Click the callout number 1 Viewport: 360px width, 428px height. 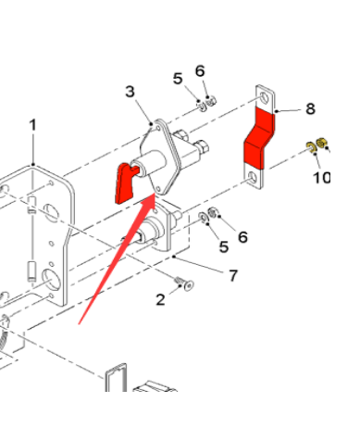pyautogui.click(x=32, y=125)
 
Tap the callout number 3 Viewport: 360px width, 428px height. pyautogui.click(x=130, y=92)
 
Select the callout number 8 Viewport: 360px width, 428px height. pyautogui.click(x=310, y=108)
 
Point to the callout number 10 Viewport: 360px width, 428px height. pyautogui.click(x=321, y=178)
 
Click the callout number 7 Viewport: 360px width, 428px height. pyautogui.click(x=233, y=275)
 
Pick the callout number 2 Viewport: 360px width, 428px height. pyautogui.click(x=160, y=299)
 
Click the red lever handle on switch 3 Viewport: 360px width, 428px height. pyautogui.click(x=126, y=183)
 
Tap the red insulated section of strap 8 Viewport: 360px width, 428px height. pyautogui.click(x=258, y=138)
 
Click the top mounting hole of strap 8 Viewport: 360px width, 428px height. pyautogui.click(x=264, y=97)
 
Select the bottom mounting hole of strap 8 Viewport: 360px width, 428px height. pyautogui.click(x=253, y=178)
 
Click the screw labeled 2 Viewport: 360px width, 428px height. pyautogui.click(x=184, y=283)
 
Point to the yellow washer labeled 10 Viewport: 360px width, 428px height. pyautogui.click(x=310, y=147)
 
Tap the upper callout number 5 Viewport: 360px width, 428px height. pyautogui.click(x=178, y=79)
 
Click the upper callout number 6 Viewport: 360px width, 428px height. pyautogui.click(x=200, y=71)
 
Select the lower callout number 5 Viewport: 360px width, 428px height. pyautogui.click(x=224, y=246)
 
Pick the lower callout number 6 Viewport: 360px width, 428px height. pyautogui.click(x=242, y=237)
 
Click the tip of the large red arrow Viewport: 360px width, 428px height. pyautogui.click(x=155, y=194)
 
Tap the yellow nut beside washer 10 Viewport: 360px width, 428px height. pyautogui.click(x=322, y=144)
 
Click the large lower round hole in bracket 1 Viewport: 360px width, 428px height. pyautogui.click(x=51, y=280)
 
